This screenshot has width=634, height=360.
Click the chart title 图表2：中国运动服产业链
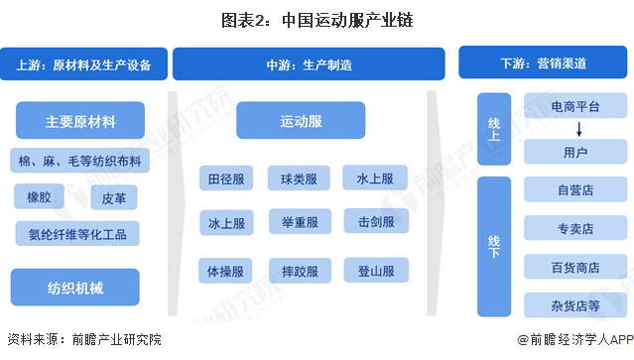317,18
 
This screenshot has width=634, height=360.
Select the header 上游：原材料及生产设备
83,65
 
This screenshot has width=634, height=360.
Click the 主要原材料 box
80,123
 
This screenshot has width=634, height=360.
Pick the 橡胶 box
38,197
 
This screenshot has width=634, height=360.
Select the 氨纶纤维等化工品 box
77,234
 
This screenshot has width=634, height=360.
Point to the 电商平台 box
575,105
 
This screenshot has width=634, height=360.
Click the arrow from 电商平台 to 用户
575,129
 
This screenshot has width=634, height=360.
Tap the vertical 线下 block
493,245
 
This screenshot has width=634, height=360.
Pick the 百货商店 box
575,267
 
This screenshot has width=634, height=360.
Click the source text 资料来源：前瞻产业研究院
83,340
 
